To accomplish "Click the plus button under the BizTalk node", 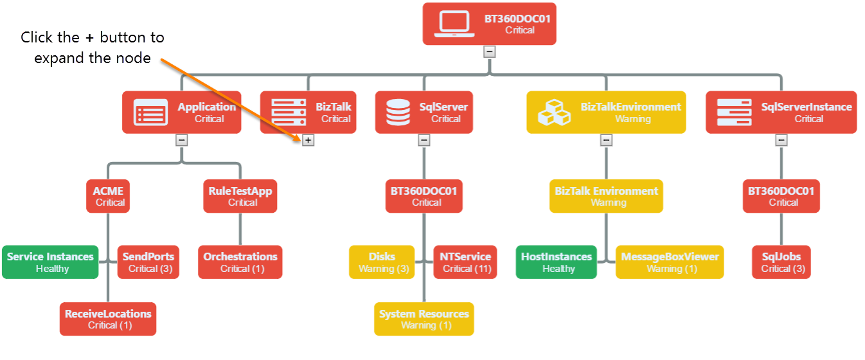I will tap(308, 139).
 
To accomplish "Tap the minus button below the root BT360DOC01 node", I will tap(490, 51).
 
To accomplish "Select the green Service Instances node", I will tap(50, 262).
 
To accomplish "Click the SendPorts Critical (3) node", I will tap(148, 262).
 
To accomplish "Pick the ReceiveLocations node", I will tap(108, 319).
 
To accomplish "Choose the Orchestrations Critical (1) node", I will tap(240, 262).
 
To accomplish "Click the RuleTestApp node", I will tap(240, 196).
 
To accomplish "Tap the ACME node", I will tap(108, 196).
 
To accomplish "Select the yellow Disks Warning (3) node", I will tap(382, 262).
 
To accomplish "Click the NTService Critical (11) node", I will tap(465, 262).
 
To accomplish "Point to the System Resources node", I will tap(424, 319).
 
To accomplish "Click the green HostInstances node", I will tap(557, 262).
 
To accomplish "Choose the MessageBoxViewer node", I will tap(670, 262).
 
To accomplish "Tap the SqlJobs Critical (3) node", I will tap(781, 262).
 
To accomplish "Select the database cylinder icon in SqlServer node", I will tap(397, 113).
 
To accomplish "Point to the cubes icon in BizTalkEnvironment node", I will tap(554, 113).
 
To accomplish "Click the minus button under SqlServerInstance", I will tap(781, 139).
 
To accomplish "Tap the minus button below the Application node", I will tap(182, 139).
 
